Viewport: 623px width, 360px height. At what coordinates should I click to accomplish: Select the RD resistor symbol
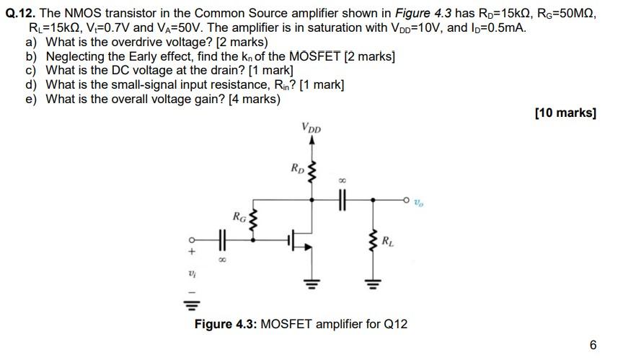[311, 172]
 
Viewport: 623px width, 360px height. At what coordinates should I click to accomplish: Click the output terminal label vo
[420, 205]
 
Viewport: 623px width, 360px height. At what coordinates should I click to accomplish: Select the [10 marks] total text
[565, 113]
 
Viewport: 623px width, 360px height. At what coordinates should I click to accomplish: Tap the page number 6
[593, 345]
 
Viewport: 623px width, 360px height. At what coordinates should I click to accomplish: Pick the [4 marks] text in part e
[254, 99]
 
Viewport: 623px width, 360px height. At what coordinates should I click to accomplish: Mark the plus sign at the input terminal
[192, 253]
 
